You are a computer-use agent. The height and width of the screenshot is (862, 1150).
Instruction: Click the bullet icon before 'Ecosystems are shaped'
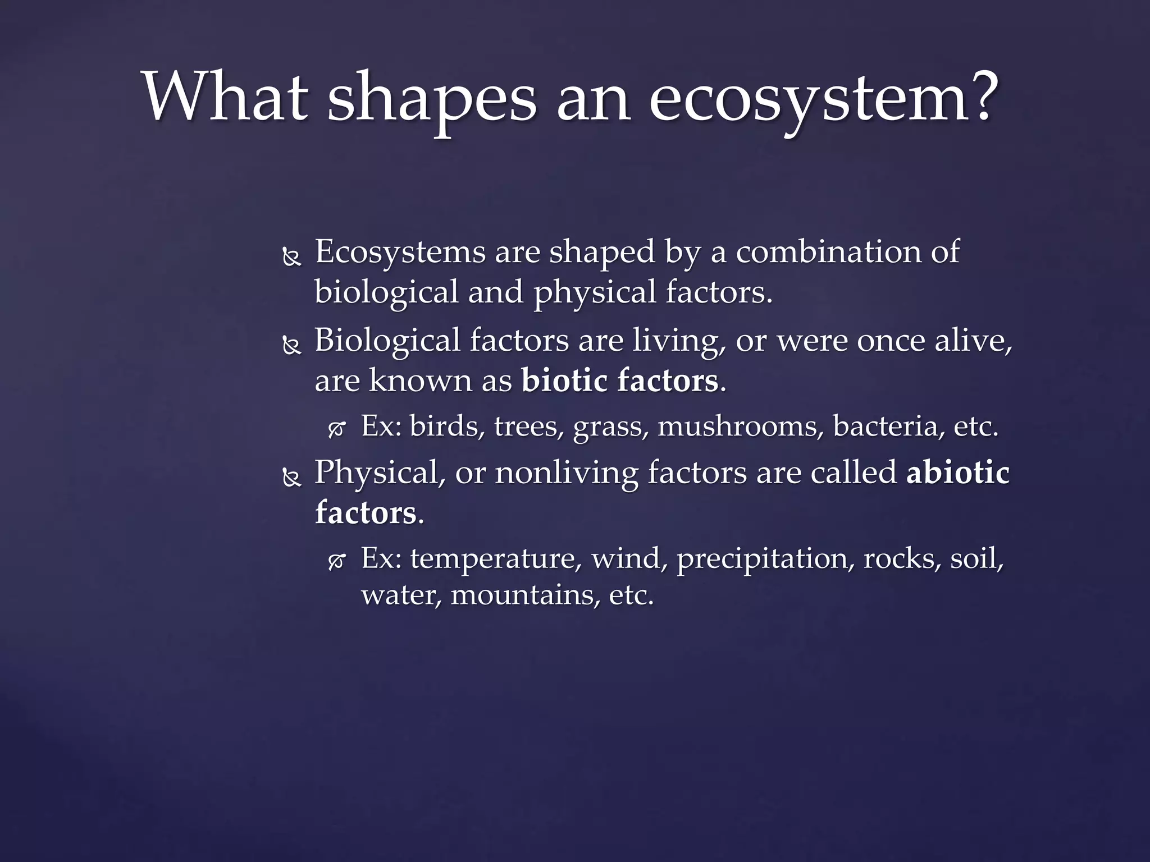coord(291,258)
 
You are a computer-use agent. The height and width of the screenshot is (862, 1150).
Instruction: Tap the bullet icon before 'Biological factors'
coord(291,347)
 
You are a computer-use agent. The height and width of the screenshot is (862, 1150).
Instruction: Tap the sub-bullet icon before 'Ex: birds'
coord(336,430)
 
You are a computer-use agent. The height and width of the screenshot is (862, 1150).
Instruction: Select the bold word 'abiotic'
coord(957,472)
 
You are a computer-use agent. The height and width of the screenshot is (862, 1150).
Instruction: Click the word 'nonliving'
coord(566,473)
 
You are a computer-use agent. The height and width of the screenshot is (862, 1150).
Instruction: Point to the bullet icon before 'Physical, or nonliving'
coord(291,479)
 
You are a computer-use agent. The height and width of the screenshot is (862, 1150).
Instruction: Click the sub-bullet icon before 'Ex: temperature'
coord(336,562)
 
